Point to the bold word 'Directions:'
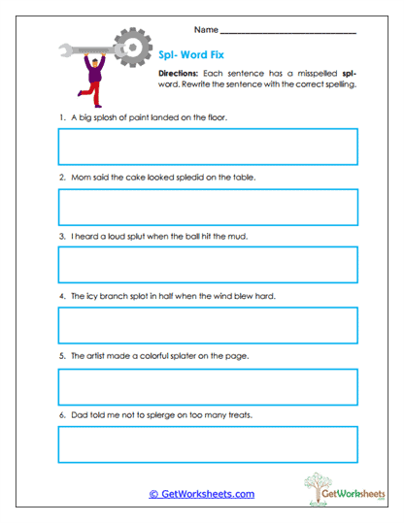pos(179,74)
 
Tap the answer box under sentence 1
pos(208,147)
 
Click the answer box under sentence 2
pos(208,207)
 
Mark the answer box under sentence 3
pos(208,265)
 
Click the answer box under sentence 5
pos(208,385)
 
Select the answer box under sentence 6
pos(208,444)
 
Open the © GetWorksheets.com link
pos(202,494)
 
